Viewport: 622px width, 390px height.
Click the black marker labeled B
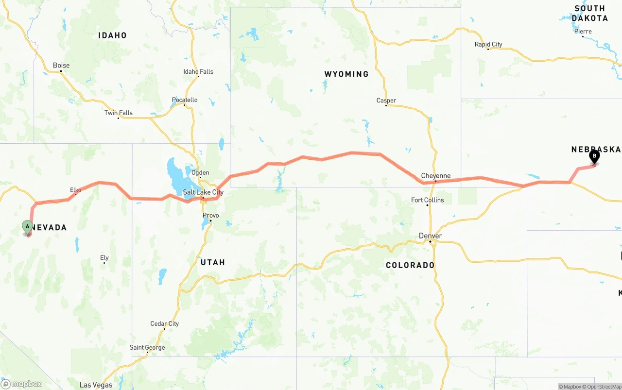pyautogui.click(x=594, y=156)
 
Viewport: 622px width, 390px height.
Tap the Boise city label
pyautogui.click(x=61, y=66)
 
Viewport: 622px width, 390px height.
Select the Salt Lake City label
pyautogui.click(x=203, y=192)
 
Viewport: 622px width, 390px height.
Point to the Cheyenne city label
pyautogui.click(x=435, y=176)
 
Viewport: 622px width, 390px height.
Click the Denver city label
pyautogui.click(x=431, y=236)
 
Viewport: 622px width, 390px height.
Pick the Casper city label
pyautogui.click(x=386, y=101)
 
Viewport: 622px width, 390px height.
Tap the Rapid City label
pyautogui.click(x=488, y=45)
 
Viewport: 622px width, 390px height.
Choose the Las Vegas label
pyautogui.click(x=96, y=385)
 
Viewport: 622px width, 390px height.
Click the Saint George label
pyautogui.click(x=147, y=347)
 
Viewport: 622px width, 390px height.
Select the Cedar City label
pyautogui.click(x=165, y=324)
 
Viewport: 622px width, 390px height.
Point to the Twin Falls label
pyautogui.click(x=119, y=113)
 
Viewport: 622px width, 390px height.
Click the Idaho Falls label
pyautogui.click(x=198, y=72)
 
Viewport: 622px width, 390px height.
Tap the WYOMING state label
pyautogui.click(x=346, y=74)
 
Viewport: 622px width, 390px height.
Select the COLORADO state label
pyautogui.click(x=410, y=265)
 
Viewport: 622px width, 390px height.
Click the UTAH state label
pyautogui.click(x=213, y=262)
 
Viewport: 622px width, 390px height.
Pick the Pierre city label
pyautogui.click(x=583, y=32)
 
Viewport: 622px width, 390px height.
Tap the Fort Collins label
pyautogui.click(x=428, y=200)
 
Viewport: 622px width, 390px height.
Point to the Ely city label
pyautogui.click(x=104, y=258)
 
